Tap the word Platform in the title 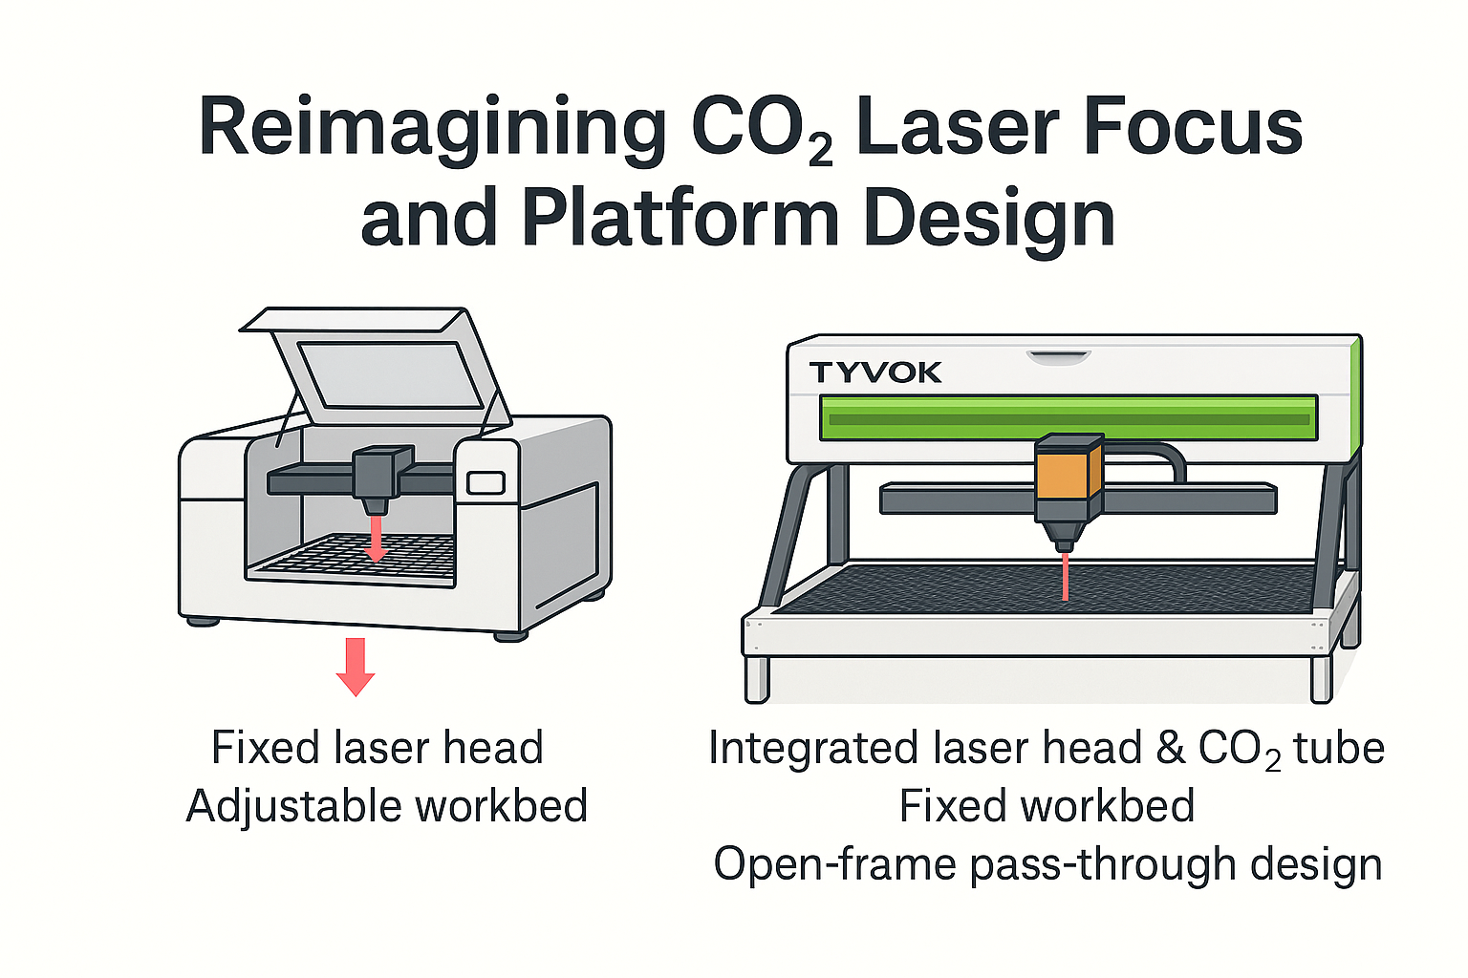pos(680,218)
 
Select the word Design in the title pos(988,218)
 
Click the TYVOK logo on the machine pos(875,372)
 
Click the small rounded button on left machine pos(486,482)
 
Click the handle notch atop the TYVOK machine pos(1058,357)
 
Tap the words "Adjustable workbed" pos(387,806)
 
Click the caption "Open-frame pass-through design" pos(1047,864)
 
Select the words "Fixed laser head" pos(378,748)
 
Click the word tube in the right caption pos(1339,748)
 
